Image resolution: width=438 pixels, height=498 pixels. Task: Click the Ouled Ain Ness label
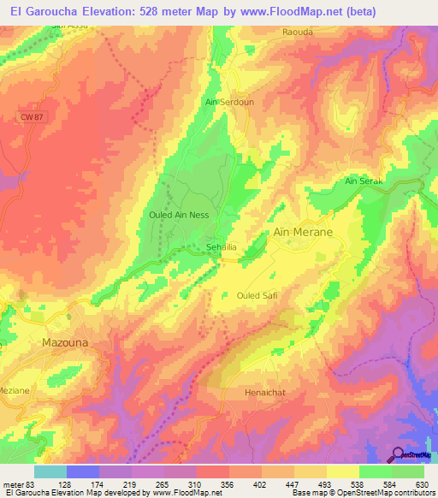(x=179, y=215)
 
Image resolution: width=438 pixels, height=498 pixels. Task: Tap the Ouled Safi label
(x=257, y=295)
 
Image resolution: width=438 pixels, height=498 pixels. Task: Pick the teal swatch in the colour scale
(x=50, y=471)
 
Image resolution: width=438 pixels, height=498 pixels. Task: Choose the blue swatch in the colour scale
(x=82, y=471)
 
